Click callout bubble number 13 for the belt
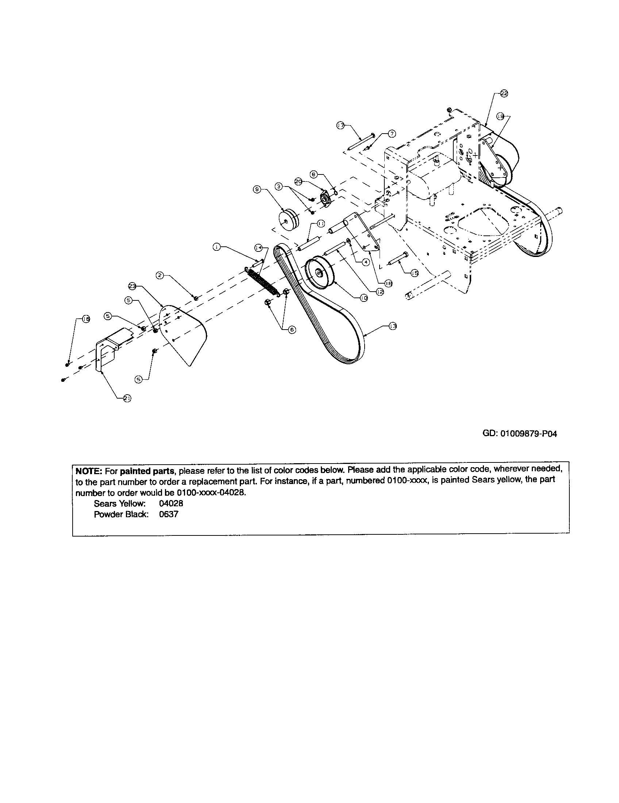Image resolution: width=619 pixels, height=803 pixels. [393, 326]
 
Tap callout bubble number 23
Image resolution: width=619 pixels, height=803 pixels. [132, 285]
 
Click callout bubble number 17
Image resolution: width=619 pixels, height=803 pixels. [341, 125]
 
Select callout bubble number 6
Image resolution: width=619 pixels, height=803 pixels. [292, 330]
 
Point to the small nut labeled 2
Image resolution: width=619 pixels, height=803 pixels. [196, 298]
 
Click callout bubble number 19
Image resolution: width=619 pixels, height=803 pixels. [500, 116]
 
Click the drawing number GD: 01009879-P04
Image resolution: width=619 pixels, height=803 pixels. [519, 434]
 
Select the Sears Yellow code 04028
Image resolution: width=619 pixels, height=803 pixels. [171, 503]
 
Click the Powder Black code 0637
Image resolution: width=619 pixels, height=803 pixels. [168, 514]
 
